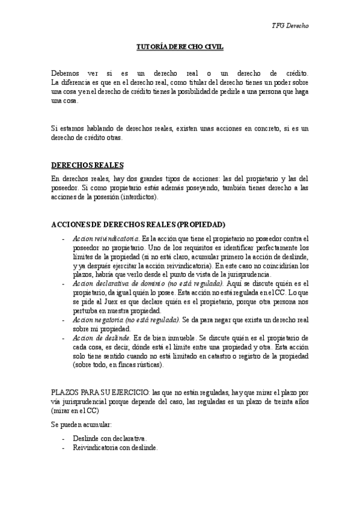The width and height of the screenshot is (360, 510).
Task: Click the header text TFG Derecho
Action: coord(290,26)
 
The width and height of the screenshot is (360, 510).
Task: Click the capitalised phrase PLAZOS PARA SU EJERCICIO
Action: coord(97,392)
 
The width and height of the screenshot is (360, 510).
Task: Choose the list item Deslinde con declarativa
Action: coord(109,438)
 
